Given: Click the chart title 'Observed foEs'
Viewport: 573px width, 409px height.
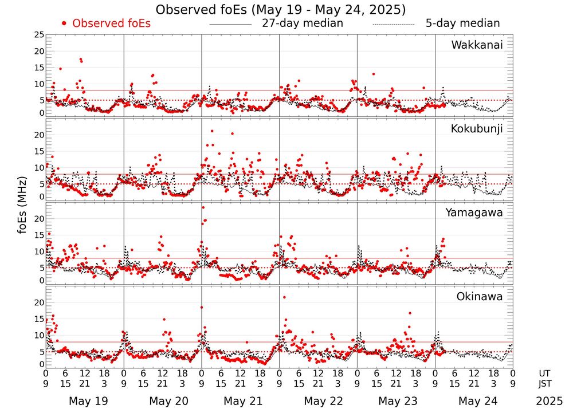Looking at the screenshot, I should (x=281, y=10).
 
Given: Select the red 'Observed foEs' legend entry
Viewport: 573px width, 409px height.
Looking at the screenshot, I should (x=107, y=23).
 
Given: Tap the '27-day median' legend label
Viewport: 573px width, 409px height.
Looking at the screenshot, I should (x=302, y=23).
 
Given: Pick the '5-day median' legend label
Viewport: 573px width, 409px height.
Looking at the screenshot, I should (x=462, y=23).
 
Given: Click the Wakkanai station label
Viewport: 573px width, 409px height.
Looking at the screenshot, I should (x=477, y=45).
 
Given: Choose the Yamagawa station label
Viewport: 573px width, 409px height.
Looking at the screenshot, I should (x=474, y=213).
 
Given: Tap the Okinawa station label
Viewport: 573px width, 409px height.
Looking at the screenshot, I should (x=480, y=297).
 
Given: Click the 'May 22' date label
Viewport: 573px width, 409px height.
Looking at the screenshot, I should (x=321, y=401).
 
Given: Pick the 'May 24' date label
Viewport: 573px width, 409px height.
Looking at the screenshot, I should (x=477, y=401).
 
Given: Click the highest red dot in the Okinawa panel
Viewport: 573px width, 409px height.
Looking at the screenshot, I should (x=284, y=297).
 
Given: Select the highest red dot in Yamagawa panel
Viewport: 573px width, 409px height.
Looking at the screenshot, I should (x=203, y=207).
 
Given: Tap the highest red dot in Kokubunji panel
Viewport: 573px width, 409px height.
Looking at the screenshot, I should (x=212, y=131).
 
